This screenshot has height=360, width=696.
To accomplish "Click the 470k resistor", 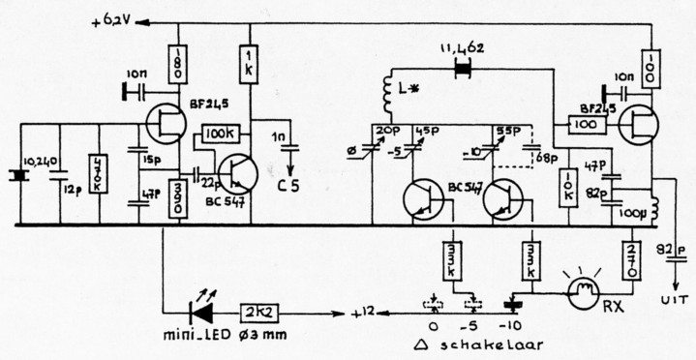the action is [x=96, y=175].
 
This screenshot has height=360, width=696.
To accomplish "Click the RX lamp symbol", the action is [x=585, y=292].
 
